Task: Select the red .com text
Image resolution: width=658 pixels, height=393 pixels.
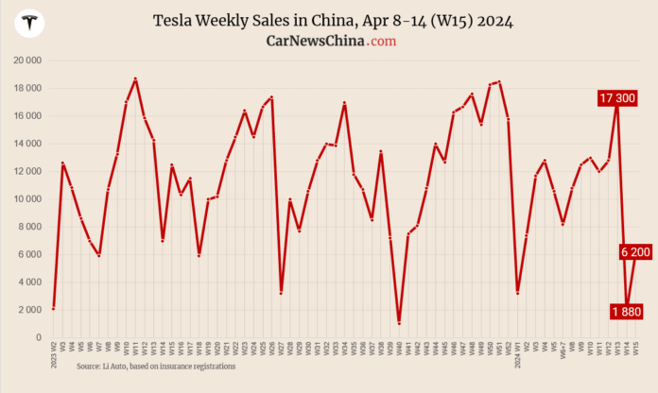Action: coord(383,42)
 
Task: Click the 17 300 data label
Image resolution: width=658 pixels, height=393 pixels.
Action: coord(617,98)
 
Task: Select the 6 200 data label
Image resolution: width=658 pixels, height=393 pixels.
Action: coord(634,251)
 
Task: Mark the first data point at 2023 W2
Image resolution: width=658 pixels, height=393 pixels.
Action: coord(53,308)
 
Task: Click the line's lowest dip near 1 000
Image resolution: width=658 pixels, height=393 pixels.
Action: coord(399,323)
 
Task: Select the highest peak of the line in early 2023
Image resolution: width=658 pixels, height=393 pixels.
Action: coord(135,79)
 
